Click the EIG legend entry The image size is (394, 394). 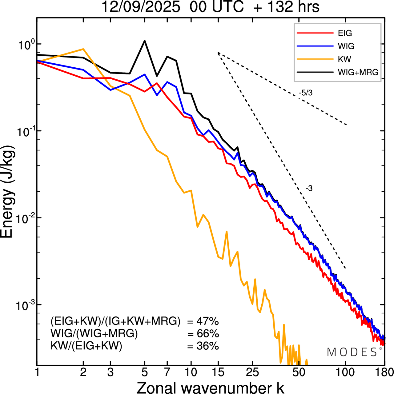344,33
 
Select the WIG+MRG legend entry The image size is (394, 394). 358,72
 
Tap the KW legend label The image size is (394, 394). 344,59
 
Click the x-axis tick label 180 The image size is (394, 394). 384,372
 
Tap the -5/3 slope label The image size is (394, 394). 306,93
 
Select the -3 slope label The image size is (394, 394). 309,189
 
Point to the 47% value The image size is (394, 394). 207,322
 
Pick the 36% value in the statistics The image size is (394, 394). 207,346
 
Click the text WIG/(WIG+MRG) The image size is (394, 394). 94,334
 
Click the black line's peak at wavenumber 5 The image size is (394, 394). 145,41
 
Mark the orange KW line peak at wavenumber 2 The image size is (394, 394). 83,49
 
